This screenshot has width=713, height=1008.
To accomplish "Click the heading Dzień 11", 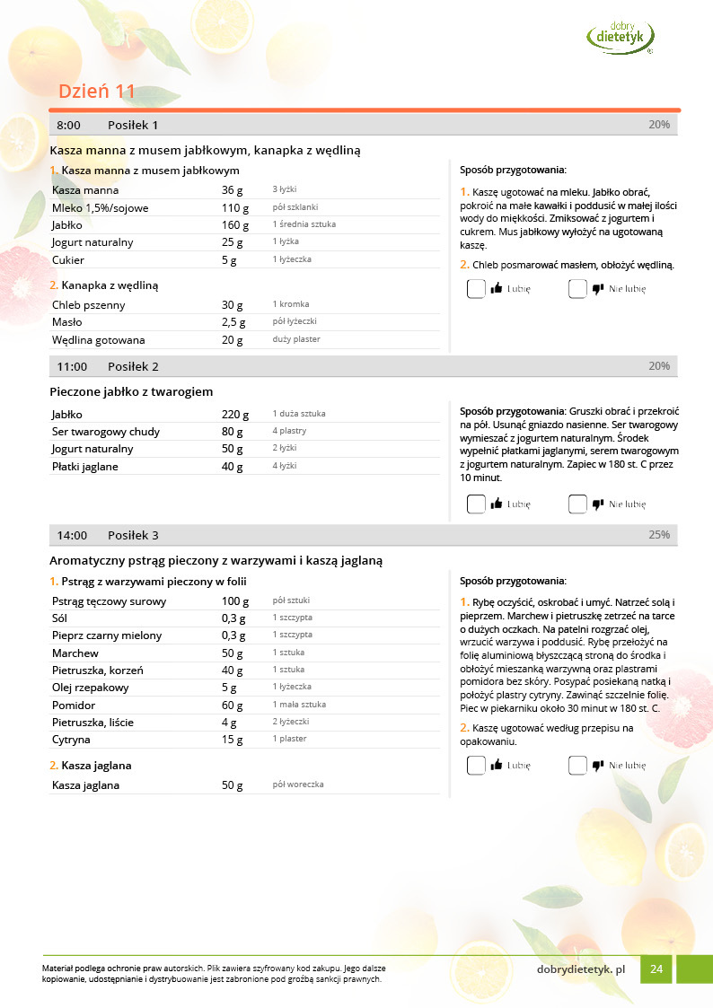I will click(96, 92).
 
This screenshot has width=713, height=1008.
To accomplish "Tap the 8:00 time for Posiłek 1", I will click(68, 125).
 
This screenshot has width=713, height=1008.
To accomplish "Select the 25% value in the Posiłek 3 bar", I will click(659, 535).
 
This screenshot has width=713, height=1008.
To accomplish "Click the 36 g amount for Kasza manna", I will click(233, 190).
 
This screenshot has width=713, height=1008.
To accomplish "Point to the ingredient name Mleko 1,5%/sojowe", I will click(101, 207).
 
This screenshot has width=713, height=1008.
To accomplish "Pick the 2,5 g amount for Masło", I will click(233, 322).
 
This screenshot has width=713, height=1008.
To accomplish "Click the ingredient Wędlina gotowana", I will click(98, 340).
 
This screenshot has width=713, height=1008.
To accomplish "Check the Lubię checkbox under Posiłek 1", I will click(476, 289).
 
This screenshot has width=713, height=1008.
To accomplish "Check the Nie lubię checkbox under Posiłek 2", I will click(577, 504).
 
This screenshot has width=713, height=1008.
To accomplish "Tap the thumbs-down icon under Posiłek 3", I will click(598, 766).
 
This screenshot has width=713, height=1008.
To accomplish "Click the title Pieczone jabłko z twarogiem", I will click(131, 391).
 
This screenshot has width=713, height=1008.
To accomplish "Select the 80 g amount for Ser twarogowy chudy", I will click(233, 432).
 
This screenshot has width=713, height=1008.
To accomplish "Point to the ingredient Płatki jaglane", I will click(84, 467).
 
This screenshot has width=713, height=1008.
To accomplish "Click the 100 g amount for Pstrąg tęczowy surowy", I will click(235, 600).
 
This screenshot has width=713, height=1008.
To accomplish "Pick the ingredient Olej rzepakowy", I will click(91, 688).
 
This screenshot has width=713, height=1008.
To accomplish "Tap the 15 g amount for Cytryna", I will click(233, 740).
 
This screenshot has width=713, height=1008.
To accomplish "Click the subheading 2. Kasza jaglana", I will click(91, 766).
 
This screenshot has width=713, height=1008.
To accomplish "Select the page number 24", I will click(656, 969).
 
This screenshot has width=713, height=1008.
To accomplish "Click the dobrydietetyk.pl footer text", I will click(581, 969).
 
